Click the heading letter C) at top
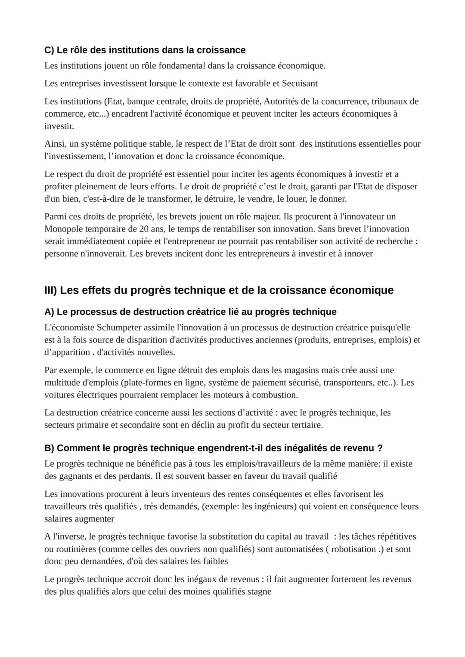[49, 50]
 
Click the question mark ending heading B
[380, 448]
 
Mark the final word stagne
[260, 592]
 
